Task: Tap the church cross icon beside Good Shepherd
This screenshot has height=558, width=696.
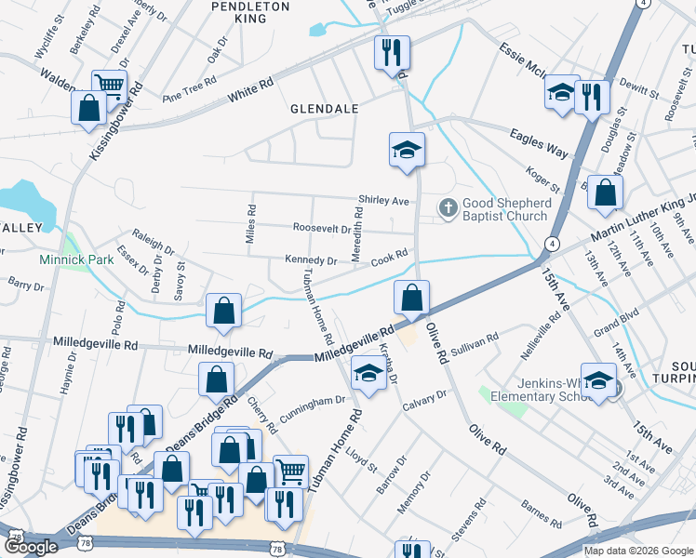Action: click(x=448, y=208)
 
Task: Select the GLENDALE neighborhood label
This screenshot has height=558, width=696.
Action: click(x=325, y=109)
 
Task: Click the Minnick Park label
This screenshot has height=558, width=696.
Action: click(x=76, y=259)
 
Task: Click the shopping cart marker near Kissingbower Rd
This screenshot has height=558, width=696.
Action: click(x=110, y=86)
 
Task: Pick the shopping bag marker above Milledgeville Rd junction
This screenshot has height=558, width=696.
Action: click(x=410, y=298)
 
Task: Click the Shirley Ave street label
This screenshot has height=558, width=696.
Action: click(x=384, y=201)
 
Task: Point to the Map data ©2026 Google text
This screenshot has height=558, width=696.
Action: click(x=638, y=551)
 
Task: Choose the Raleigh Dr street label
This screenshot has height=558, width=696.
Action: click(x=154, y=243)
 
